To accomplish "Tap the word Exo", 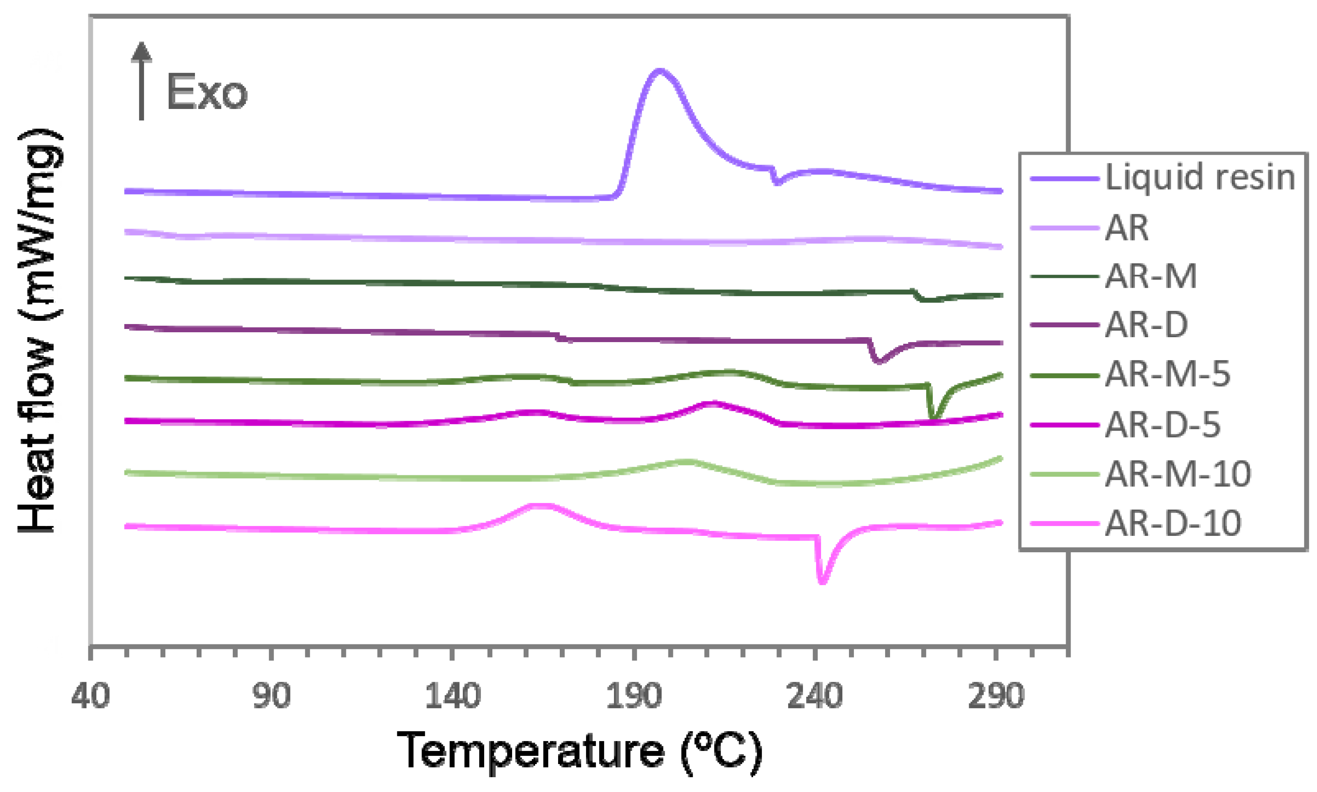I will (x=207, y=93).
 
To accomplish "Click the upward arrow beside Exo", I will (x=141, y=80).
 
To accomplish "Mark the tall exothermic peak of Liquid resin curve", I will (x=660, y=71).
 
